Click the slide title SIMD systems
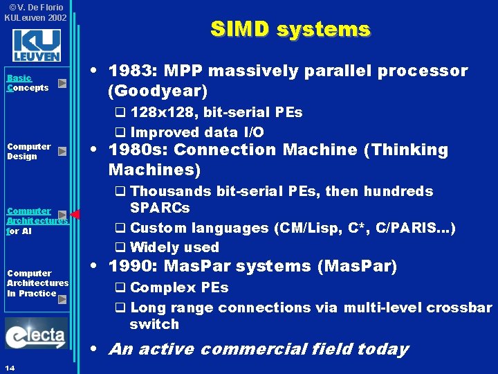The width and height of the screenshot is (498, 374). click(290, 29)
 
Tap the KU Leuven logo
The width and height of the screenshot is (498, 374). click(36, 46)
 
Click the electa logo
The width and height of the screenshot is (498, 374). click(36, 335)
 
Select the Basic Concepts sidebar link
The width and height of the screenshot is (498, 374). click(28, 83)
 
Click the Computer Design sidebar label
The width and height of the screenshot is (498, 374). click(29, 151)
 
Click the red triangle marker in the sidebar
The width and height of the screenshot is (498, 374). click(75, 215)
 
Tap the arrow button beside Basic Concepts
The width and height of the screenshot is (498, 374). click(62, 84)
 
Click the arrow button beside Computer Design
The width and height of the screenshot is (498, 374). click(62, 151)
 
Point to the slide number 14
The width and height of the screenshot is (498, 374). click(10, 366)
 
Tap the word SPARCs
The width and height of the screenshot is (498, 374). click(160, 208)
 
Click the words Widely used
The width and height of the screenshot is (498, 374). click(174, 247)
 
